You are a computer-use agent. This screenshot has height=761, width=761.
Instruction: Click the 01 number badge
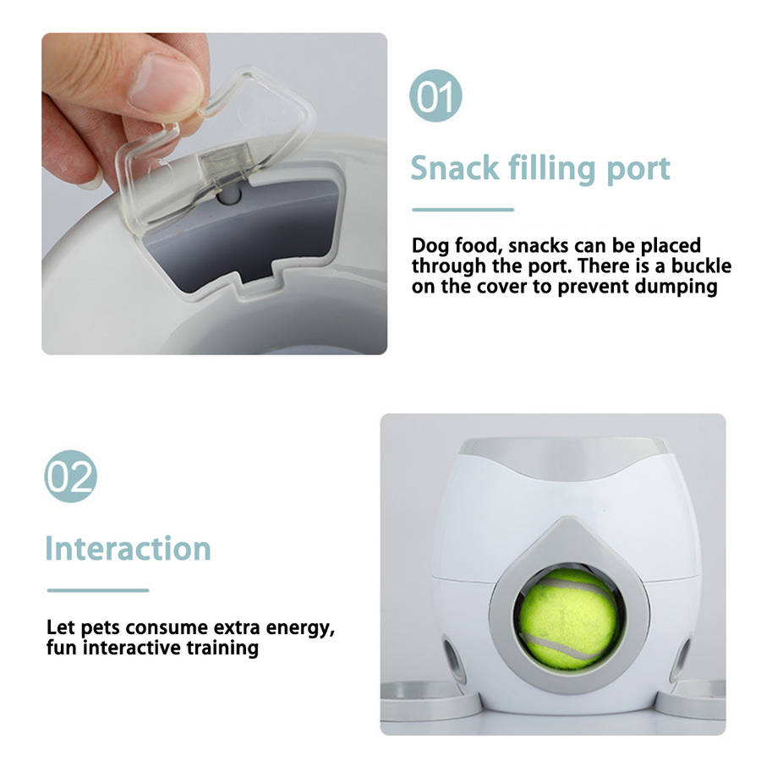click(x=435, y=96)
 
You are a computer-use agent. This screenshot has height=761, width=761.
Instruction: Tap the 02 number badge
click(x=70, y=476)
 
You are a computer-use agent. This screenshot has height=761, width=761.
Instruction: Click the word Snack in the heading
click(x=455, y=168)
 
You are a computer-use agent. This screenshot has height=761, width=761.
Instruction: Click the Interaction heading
click(x=129, y=549)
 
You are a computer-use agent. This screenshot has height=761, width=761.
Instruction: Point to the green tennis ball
click(x=569, y=619)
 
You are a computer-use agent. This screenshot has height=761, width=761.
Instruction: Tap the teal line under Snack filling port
click(x=463, y=210)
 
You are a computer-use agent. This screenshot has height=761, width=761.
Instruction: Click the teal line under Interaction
click(x=98, y=590)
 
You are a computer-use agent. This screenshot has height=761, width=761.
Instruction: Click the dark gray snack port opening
click(x=252, y=233)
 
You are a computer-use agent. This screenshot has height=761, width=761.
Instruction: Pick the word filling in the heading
click(x=553, y=169)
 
